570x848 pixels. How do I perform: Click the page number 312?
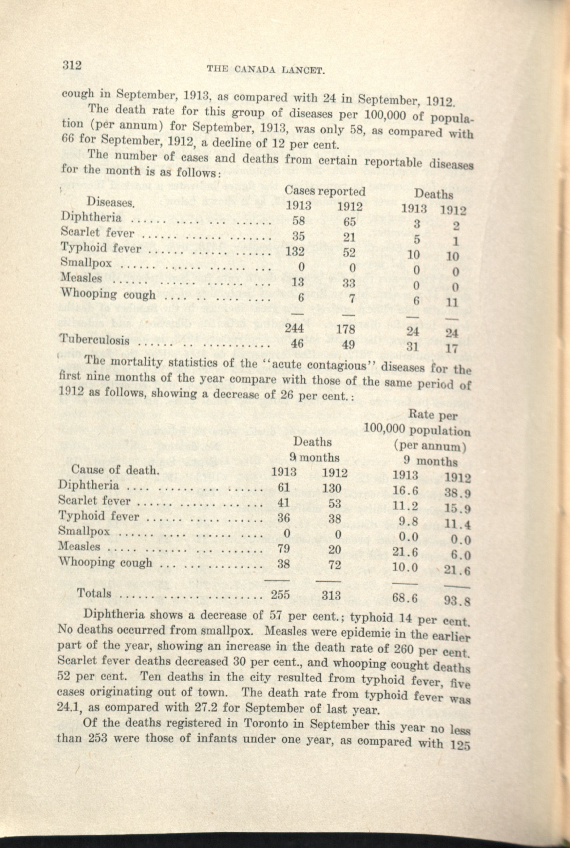click(72, 66)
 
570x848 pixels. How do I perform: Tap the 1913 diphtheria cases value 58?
click(299, 220)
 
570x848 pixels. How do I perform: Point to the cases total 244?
click(294, 328)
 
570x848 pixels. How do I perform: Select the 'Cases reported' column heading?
click(325, 191)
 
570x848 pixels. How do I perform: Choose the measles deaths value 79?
click(283, 548)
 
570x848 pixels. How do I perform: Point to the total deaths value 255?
click(280, 594)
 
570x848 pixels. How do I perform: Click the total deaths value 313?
click(331, 595)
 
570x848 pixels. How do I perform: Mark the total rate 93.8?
click(458, 602)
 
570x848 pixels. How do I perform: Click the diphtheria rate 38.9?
click(458, 493)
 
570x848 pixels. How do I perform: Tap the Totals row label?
click(94, 593)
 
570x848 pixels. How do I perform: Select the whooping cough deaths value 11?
click(453, 302)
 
